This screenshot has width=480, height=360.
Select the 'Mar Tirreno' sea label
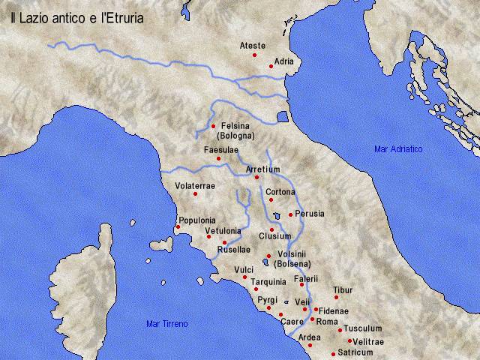pos(166,323)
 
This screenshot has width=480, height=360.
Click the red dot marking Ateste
pos(254,55)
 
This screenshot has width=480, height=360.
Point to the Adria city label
pos(283,61)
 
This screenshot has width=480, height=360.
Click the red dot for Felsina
pos(214,125)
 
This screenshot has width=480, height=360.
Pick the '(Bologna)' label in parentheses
pos(235,136)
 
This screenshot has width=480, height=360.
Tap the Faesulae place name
pos(221,150)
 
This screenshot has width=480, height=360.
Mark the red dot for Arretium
pos(256,178)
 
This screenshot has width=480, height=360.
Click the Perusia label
pos(310,214)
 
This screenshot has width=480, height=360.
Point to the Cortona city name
pos(280,192)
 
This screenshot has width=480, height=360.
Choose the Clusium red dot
pos(271,229)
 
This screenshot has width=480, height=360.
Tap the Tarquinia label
pos(268,282)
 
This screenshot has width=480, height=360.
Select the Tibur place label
pos(343,289)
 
